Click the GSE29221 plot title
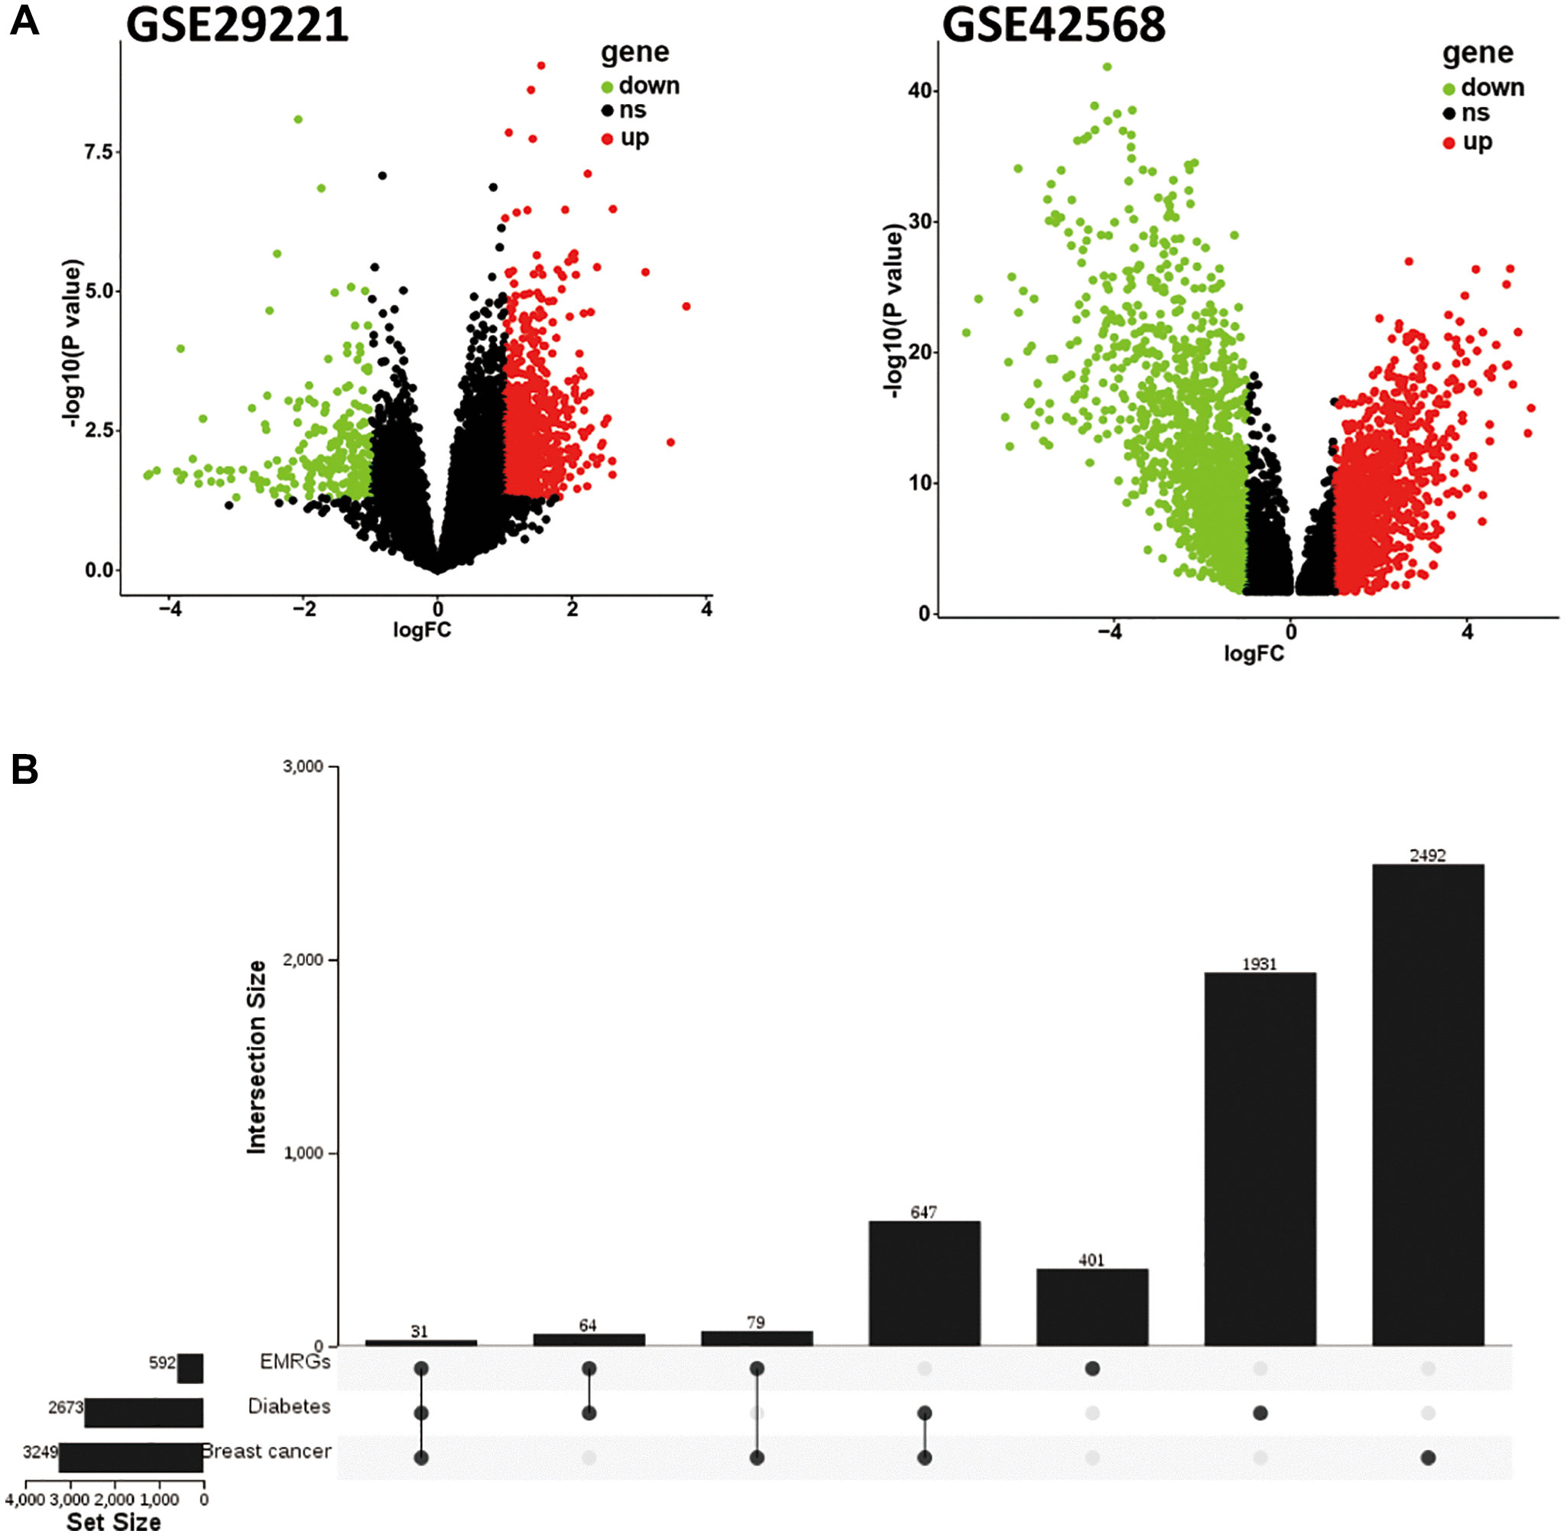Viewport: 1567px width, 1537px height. (x=237, y=24)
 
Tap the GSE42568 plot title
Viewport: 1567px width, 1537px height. (x=1053, y=24)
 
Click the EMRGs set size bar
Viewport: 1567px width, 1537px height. (x=190, y=1369)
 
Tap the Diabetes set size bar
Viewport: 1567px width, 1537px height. (x=144, y=1412)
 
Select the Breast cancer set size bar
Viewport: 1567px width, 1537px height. (x=131, y=1458)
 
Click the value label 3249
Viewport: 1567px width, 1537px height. (x=40, y=1452)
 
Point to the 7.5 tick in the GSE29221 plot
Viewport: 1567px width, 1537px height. (x=99, y=151)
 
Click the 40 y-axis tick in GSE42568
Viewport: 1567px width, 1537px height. (x=919, y=90)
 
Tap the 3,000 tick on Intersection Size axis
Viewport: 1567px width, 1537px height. (x=303, y=766)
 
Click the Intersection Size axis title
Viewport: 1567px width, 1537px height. (x=257, y=1057)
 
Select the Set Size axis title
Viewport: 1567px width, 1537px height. (x=113, y=1522)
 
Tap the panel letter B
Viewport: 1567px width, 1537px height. (x=24, y=769)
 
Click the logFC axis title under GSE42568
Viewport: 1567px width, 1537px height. (x=1253, y=653)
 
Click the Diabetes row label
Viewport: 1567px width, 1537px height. (x=289, y=1406)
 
